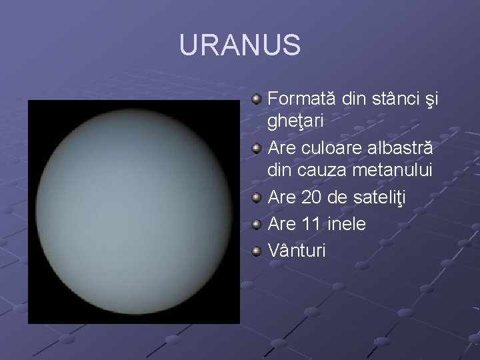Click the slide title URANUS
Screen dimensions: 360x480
click(x=240, y=45)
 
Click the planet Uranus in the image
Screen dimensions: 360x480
click(x=134, y=212)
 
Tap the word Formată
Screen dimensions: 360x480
click(x=302, y=99)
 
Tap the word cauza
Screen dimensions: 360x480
click(x=321, y=171)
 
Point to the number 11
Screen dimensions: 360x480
click(x=309, y=224)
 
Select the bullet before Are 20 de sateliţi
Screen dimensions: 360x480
click(x=257, y=199)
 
